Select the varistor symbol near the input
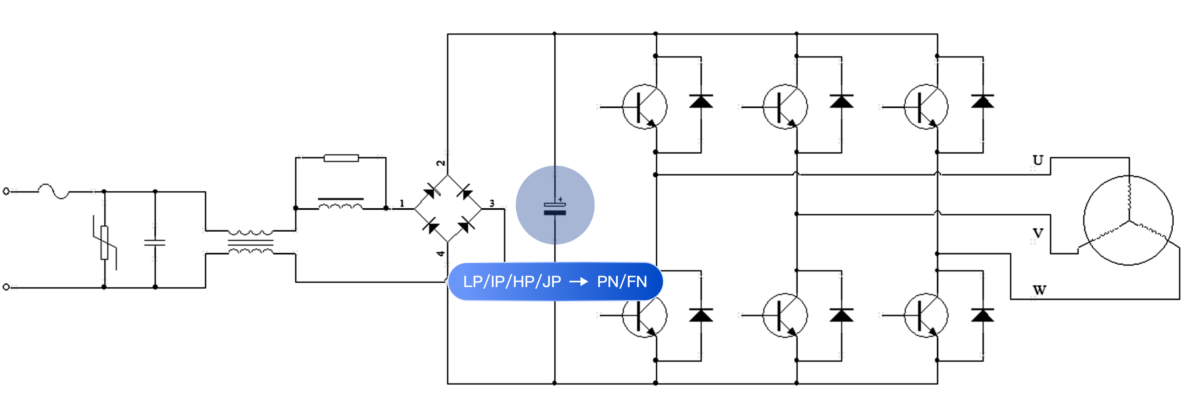(105, 243)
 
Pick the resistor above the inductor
(341, 158)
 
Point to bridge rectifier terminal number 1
(402, 203)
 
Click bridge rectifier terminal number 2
(440, 163)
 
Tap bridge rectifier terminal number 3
(492, 203)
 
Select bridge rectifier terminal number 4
(440, 253)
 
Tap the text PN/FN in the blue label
(622, 282)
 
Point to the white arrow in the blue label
(579, 282)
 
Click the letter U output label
(1038, 160)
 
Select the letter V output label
(1038, 233)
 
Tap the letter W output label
(1039, 290)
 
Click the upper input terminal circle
(6, 191)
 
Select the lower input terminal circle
(6, 287)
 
